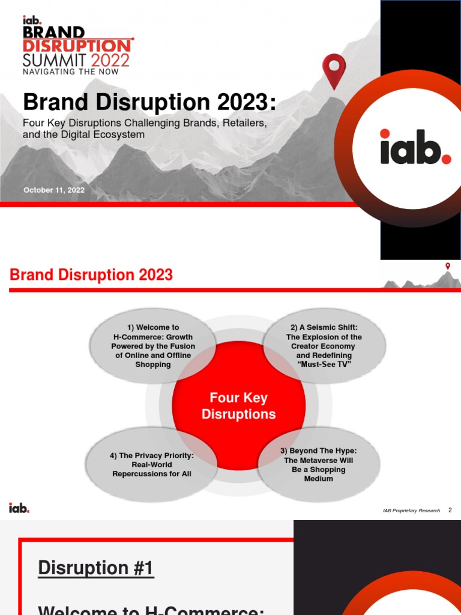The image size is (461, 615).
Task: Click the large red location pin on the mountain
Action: coord(334,69)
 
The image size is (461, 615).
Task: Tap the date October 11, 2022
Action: coord(54,190)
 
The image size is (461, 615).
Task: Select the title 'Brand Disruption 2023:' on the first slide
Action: coord(149,101)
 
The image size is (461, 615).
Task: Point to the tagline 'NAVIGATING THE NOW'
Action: coord(71,71)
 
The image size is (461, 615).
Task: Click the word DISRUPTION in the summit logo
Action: coord(77,45)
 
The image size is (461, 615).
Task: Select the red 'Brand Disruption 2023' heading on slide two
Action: coord(91,275)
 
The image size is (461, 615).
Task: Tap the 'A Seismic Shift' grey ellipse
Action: coord(324,346)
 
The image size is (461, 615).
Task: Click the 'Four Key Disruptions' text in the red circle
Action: coord(238,406)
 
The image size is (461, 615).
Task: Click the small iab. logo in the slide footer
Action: coord(19,508)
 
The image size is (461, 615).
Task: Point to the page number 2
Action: coord(450,510)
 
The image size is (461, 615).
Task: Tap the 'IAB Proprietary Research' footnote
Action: coord(411,510)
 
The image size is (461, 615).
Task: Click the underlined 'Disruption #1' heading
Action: coord(96,568)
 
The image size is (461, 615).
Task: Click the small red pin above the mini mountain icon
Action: coord(447,266)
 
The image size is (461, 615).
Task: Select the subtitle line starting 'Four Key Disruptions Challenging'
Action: coord(144,123)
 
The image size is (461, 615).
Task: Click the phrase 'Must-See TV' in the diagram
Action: coord(324,364)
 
